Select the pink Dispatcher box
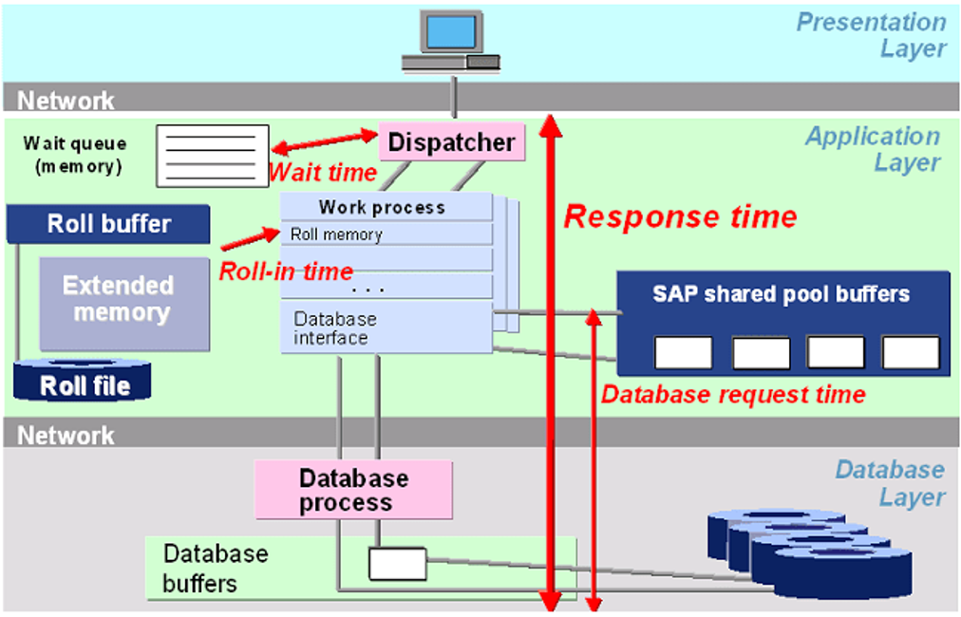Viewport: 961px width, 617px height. [452, 142]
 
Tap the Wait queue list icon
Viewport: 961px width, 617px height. [213, 155]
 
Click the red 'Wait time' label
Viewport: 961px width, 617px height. [323, 174]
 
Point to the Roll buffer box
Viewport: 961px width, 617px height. [108, 224]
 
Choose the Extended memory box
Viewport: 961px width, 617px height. [123, 300]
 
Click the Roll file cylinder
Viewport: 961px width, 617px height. [85, 382]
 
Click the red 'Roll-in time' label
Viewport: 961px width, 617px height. [286, 271]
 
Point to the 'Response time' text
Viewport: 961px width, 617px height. [680, 217]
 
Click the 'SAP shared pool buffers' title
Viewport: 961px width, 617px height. [781, 293]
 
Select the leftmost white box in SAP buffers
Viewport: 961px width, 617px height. [683, 352]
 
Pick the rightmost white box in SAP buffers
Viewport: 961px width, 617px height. [911, 352]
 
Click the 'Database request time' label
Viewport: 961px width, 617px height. [734, 394]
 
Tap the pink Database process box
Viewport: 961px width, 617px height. [353, 490]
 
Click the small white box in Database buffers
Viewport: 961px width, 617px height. [397, 564]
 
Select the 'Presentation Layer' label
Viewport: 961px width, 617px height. [871, 35]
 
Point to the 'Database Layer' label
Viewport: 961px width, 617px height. [889, 483]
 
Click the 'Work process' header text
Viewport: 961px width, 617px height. [382, 207]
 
